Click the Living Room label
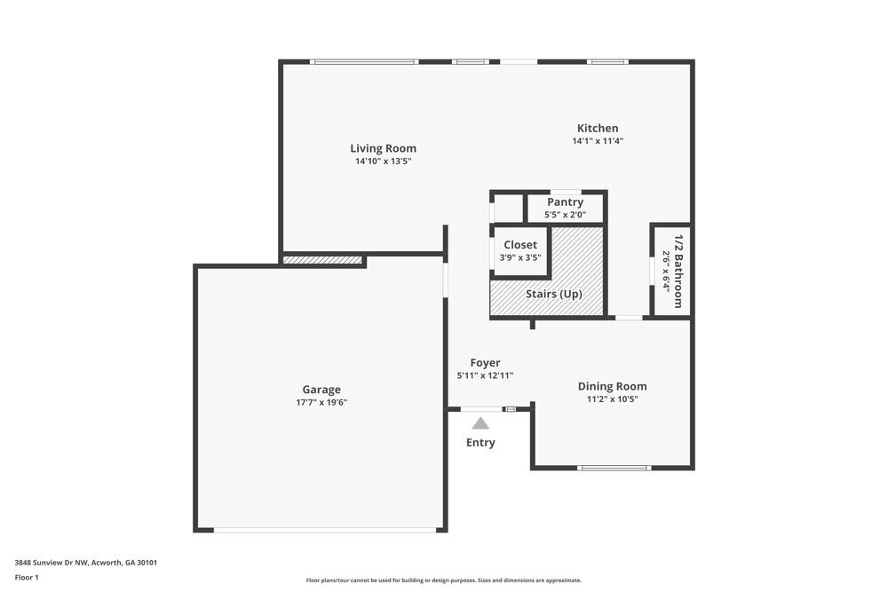383,148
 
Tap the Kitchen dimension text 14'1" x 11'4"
598,141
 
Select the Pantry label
565,202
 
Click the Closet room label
519,245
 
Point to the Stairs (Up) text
553,294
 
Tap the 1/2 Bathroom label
678,271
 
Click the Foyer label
485,362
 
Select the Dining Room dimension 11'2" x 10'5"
612,399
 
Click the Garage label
321,389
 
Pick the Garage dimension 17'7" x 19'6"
321,402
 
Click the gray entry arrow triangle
480,423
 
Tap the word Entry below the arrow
480,442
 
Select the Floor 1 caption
27,577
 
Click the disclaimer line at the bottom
443,580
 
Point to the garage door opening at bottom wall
325,530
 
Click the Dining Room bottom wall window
614,468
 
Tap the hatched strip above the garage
322,260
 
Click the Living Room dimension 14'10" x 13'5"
383,162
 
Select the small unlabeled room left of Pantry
507,208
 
